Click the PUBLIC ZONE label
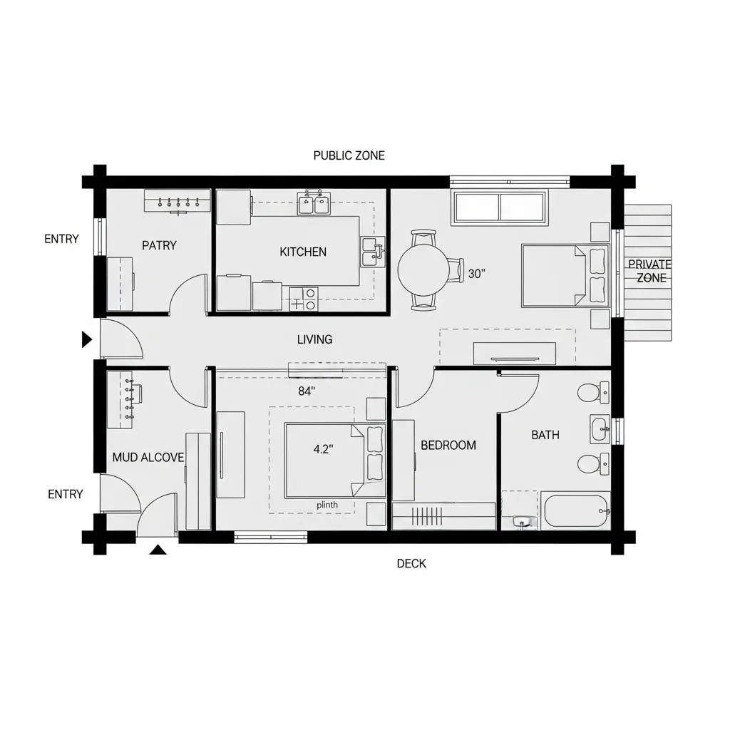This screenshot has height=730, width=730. [349, 155]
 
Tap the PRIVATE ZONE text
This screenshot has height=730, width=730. [649, 271]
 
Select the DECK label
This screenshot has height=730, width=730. [411, 563]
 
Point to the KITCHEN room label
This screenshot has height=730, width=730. [303, 252]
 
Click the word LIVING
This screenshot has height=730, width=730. [314, 339]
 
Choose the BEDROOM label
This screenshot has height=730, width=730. [448, 445]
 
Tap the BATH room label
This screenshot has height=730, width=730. [545, 435]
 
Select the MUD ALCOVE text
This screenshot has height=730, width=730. [148, 457]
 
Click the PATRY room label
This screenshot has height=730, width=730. [159, 245]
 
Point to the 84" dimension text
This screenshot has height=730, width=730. [307, 391]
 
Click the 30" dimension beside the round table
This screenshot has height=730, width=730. [476, 274]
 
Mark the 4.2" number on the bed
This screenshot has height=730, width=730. [323, 449]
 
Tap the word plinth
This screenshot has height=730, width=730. [327, 505]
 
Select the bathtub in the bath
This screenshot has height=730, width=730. [576, 511]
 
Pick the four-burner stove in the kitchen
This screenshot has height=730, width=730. [303, 299]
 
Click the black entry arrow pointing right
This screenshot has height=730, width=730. [87, 339]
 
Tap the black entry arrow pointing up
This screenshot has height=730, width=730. [158, 549]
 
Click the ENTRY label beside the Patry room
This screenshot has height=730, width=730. [61, 239]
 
